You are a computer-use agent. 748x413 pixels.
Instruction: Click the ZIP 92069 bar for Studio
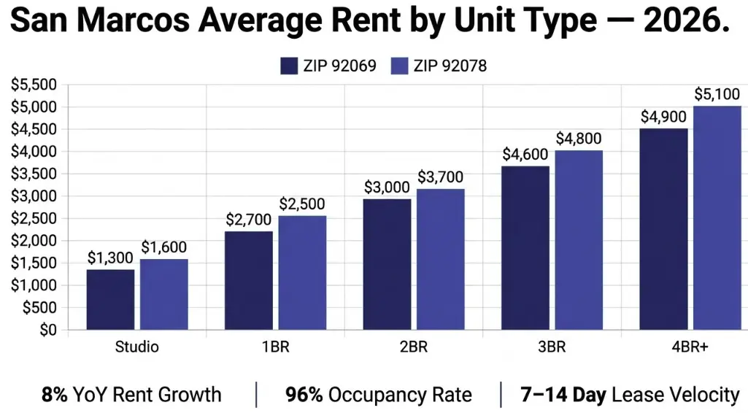[110, 300]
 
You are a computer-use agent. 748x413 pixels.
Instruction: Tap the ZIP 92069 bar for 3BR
[525, 248]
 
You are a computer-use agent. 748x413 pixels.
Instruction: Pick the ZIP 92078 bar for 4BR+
[717, 218]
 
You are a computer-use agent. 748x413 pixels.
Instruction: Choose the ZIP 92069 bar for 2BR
[387, 264]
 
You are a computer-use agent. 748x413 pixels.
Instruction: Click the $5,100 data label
[717, 94]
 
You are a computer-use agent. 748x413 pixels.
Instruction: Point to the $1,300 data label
[111, 258]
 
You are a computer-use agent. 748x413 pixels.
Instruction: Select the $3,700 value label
[441, 177]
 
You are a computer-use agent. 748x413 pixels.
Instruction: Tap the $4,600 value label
[526, 155]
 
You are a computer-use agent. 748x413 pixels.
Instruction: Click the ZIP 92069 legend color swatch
[289, 66]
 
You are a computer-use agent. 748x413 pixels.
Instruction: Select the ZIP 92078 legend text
[450, 66]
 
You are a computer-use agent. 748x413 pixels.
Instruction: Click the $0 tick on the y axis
[46, 330]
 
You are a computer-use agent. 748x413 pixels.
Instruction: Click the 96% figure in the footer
[304, 395]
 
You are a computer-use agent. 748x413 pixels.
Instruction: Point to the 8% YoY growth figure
[55, 395]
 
